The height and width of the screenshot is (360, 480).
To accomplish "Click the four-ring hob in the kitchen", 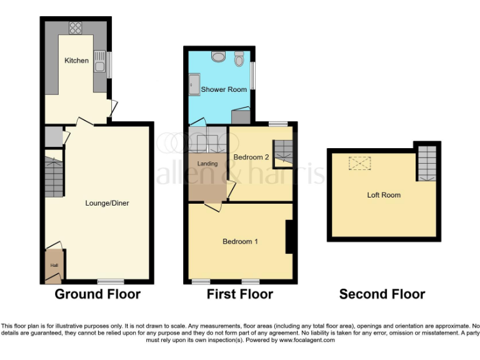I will point(76,27).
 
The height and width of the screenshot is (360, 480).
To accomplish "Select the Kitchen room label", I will point(76,61).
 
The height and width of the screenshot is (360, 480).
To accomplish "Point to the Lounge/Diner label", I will point(107,202).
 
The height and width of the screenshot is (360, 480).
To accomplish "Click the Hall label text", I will point(53,265).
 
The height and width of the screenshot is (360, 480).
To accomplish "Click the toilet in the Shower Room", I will point(239,59).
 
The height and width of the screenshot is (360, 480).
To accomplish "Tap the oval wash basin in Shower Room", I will point(217,57).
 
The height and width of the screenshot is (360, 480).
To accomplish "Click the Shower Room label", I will point(224,89).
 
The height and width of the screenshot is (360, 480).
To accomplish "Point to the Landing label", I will point(207,164).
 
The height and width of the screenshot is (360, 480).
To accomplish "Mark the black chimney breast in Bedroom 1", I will point(289,237).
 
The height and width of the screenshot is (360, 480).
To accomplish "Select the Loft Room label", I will point(383,195).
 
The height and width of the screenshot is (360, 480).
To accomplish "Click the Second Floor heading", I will point(382,294).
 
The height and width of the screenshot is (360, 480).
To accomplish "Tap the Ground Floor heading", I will point(97,294).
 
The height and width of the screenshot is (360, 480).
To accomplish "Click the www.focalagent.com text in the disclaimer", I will point(307,341).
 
